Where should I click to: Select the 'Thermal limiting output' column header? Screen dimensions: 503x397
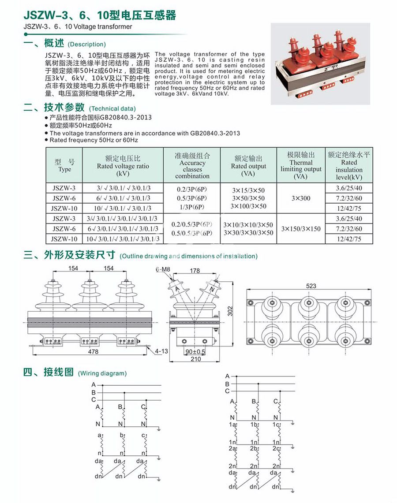(301, 166)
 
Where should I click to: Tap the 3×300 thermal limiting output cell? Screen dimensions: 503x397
(301, 198)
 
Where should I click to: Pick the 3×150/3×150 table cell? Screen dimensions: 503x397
(301, 229)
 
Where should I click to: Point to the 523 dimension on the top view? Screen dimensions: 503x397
(311, 286)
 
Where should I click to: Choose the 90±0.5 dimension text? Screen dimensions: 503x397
(195, 351)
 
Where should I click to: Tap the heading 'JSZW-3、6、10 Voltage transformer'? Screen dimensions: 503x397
(78, 27)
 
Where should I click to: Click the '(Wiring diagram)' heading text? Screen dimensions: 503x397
(102, 373)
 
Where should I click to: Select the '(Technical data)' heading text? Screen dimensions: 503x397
(112, 108)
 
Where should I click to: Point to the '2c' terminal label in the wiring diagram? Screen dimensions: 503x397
(276, 448)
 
